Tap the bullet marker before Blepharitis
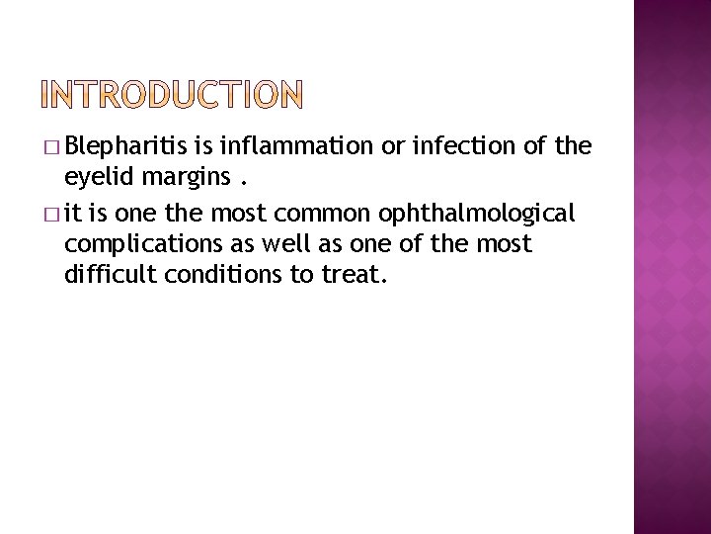tap(50, 148)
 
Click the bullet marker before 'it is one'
tap(50, 214)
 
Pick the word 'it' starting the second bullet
tap(72, 213)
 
